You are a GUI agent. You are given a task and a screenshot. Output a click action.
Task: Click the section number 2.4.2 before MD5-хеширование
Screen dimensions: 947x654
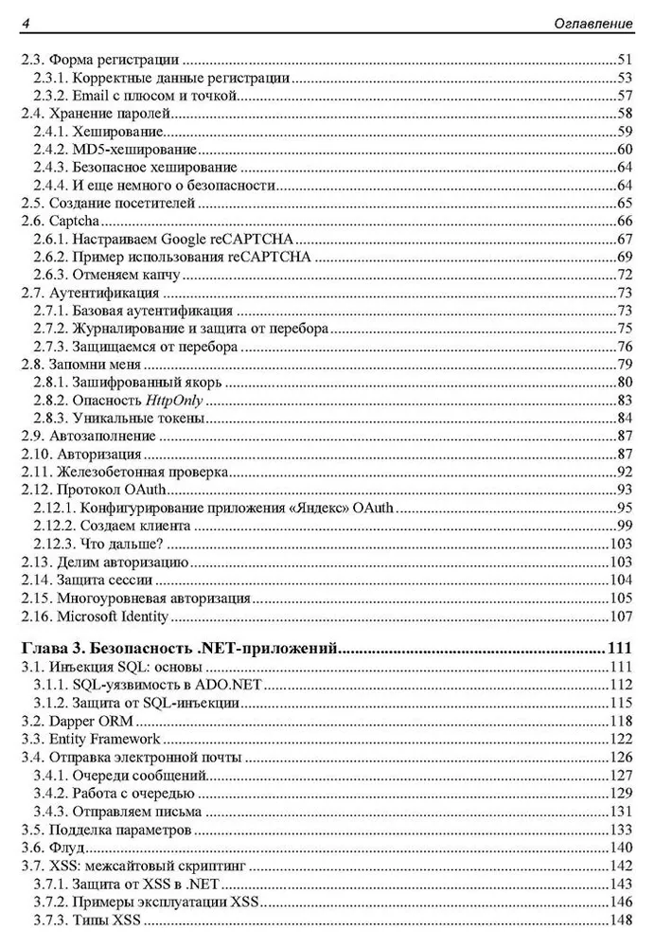52,150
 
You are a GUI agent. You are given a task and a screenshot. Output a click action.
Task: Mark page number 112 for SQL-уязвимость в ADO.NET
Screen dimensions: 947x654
620,686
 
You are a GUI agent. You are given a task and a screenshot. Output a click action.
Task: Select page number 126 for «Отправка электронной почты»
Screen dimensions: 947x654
620,758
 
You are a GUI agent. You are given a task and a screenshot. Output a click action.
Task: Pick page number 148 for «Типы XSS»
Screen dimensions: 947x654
620,920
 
